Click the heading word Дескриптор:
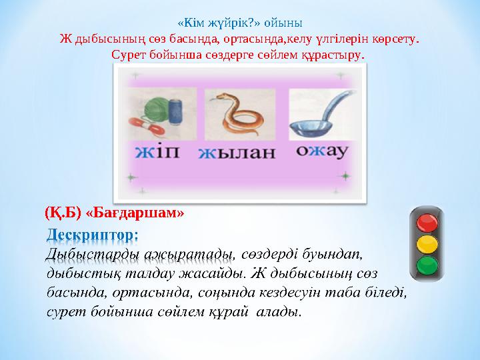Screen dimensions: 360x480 pos(93,235)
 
